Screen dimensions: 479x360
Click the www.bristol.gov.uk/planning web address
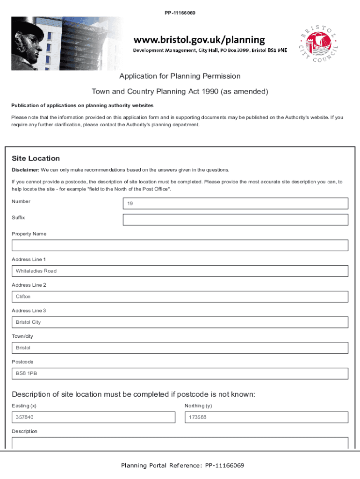click(200, 40)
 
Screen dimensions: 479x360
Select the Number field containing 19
click(235, 203)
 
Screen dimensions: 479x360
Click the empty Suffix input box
click(235, 220)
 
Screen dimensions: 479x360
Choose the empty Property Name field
click(180, 246)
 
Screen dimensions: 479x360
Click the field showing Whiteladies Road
click(180, 271)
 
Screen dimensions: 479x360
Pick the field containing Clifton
click(180, 297)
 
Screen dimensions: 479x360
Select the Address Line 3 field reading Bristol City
click(180, 322)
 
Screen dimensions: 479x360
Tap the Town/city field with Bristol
click(180, 348)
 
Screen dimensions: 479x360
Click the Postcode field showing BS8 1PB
click(180, 374)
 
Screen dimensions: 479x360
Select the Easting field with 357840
click(93, 417)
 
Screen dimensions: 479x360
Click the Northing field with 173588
click(266, 417)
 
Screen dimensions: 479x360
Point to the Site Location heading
click(36, 159)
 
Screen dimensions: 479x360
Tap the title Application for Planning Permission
click(180, 76)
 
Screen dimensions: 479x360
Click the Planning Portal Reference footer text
click(182, 465)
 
